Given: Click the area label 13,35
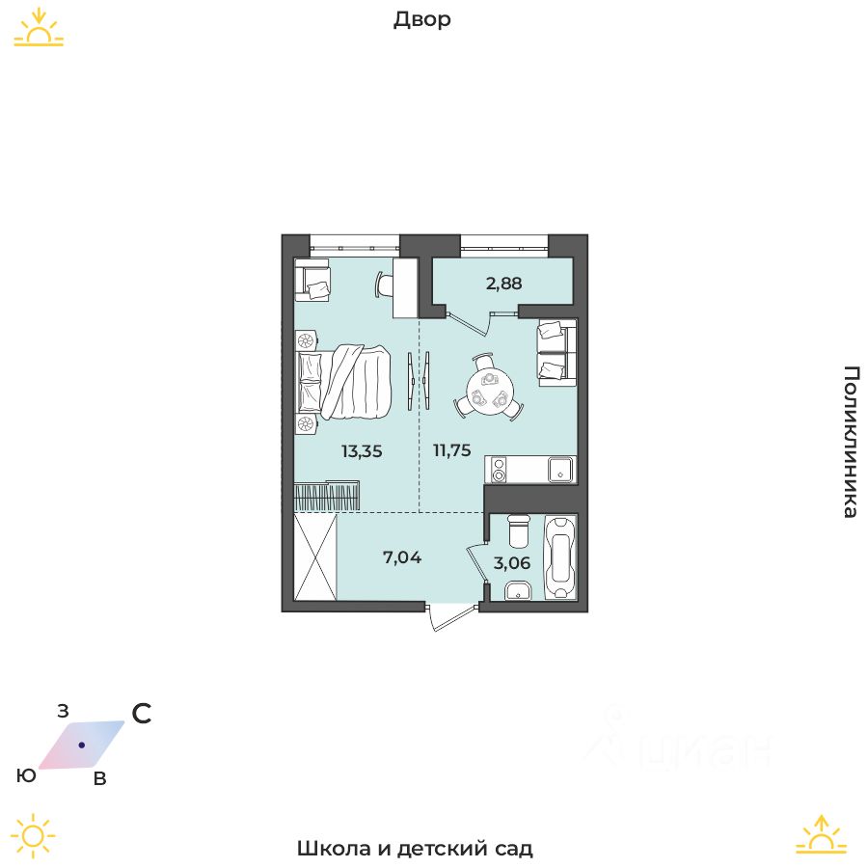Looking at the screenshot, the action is tap(362, 449).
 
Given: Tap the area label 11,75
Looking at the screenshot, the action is tap(451, 449).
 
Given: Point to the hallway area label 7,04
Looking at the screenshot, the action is tap(403, 556).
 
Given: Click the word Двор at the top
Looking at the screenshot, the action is tap(422, 19).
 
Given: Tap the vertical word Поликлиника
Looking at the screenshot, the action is tap(850, 442).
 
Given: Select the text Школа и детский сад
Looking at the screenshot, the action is tap(415, 849).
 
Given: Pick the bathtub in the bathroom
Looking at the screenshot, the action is tap(560, 556).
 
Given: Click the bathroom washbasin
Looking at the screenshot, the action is tap(517, 591).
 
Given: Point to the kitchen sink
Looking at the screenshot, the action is tap(560, 470).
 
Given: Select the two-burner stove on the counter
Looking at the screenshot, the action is tap(499, 470).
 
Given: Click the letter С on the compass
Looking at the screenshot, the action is tap(142, 714).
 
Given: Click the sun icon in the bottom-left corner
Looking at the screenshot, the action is tap(34, 835).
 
